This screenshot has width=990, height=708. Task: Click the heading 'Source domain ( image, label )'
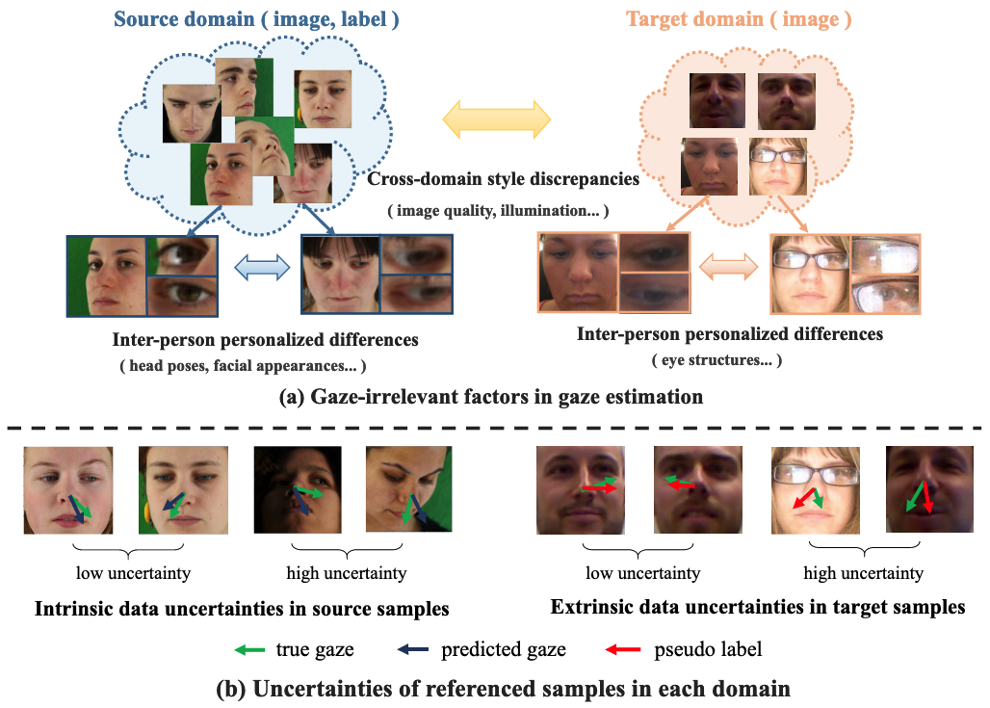click(x=257, y=18)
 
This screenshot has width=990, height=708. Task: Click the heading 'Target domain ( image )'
click(x=739, y=18)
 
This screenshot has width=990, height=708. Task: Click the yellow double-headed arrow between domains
click(x=496, y=118)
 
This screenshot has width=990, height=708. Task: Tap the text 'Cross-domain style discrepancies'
click(x=504, y=179)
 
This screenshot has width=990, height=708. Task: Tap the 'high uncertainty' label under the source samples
click(x=346, y=573)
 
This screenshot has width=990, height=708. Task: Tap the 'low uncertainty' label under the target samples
click(x=642, y=573)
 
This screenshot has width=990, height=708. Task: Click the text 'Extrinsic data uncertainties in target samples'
click(x=758, y=608)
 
